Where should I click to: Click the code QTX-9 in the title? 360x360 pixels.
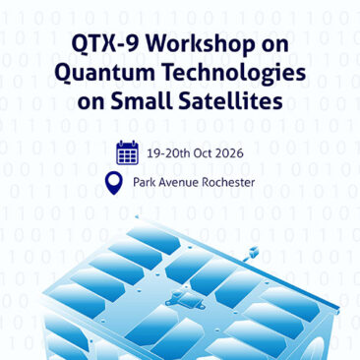105,43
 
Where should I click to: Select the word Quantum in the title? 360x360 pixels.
104,74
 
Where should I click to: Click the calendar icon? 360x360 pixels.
127,152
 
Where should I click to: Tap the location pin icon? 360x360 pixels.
114,184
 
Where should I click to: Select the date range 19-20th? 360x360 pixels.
168,153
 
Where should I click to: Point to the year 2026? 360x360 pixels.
230,153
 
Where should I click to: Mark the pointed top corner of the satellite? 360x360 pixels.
137,216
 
